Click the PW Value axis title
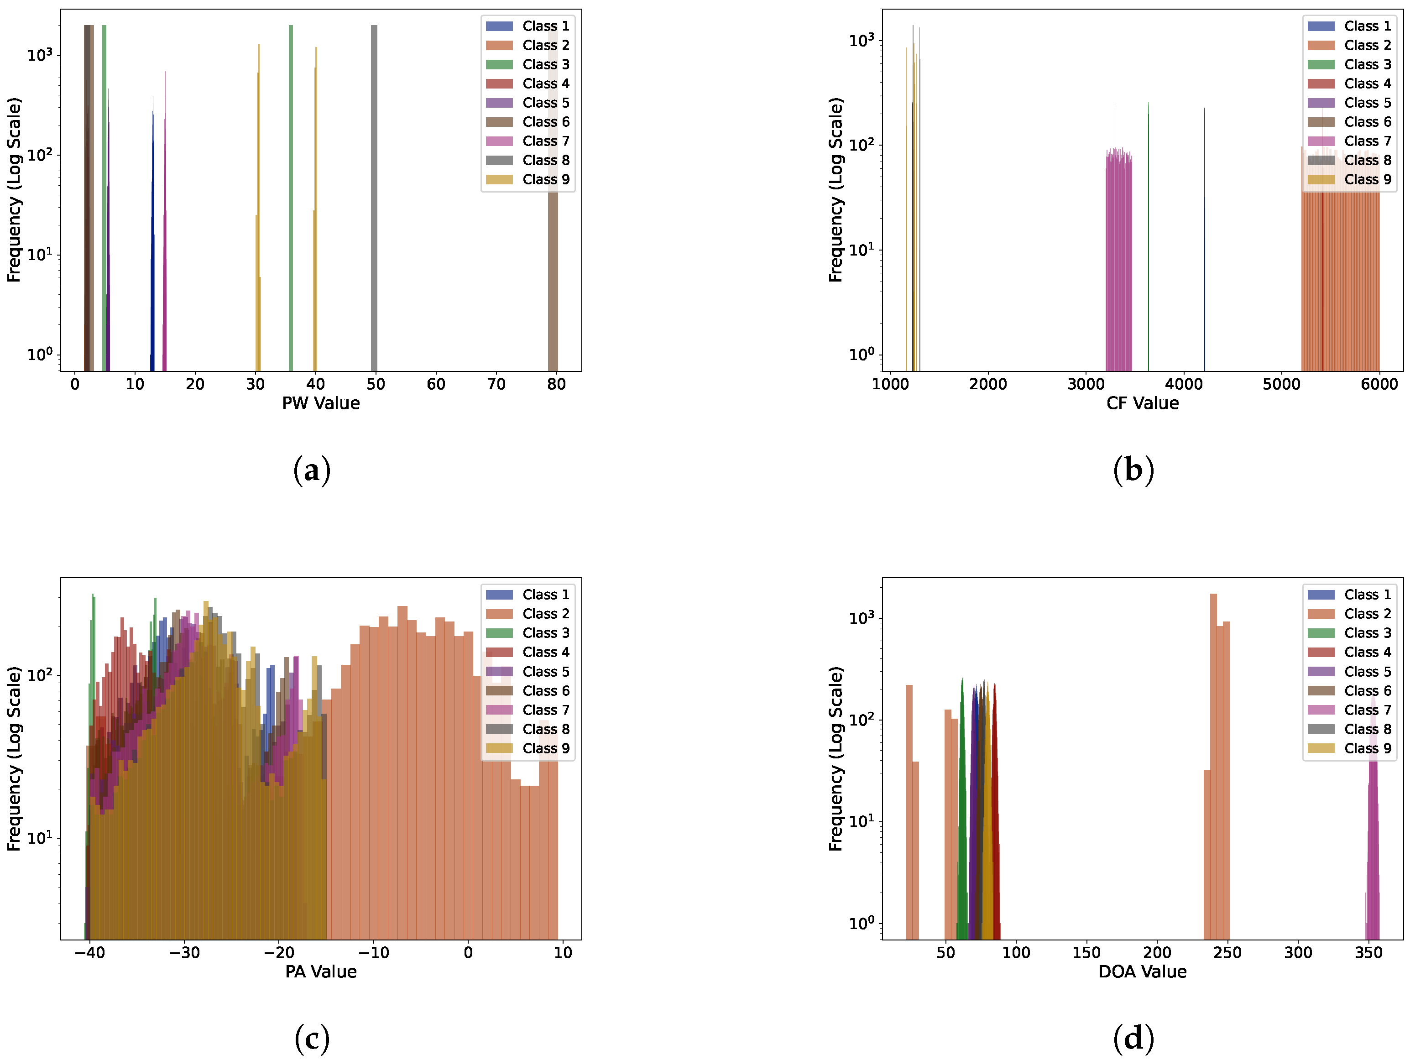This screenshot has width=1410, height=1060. [x=321, y=403]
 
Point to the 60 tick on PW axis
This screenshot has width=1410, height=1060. [x=436, y=384]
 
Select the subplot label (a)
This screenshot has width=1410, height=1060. [x=312, y=470]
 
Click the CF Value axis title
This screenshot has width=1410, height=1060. [x=1142, y=403]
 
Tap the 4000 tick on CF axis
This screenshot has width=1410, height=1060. [x=1184, y=384]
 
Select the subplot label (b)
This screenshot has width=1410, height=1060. [x=1133, y=470]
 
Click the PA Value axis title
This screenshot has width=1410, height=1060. [x=321, y=972]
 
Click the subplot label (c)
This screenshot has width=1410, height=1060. [x=312, y=1039]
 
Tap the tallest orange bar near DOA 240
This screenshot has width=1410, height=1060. [x=1213, y=765]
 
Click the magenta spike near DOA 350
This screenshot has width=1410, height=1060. [x=1373, y=829]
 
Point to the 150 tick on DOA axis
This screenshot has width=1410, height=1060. [x=1086, y=953]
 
